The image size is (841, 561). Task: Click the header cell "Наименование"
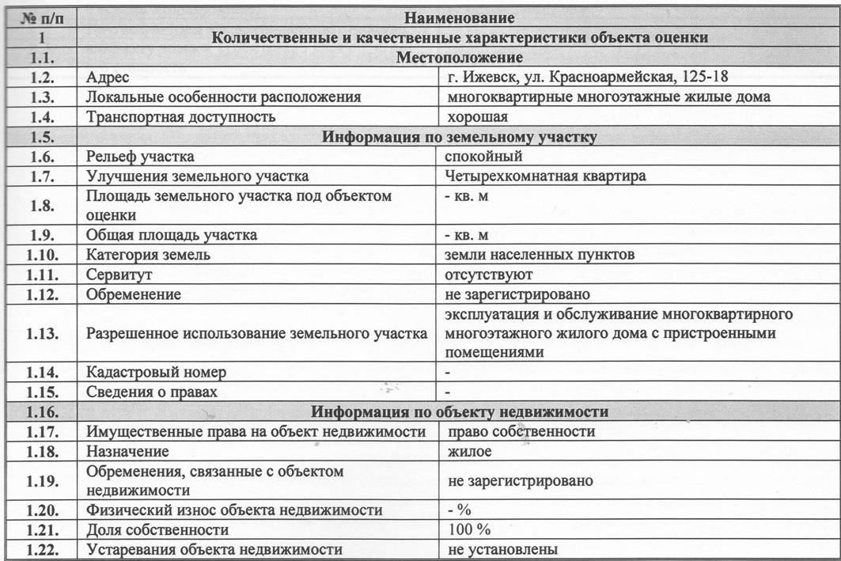[x=459, y=17]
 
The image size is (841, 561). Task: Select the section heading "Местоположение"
[x=459, y=57]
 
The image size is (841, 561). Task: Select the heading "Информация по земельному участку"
[x=459, y=137]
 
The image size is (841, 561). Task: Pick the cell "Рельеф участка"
[x=140, y=157]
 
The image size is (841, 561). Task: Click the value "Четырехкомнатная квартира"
[x=545, y=176]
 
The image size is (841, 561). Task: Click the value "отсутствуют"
[x=490, y=275]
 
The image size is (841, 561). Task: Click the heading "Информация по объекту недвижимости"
[x=459, y=411]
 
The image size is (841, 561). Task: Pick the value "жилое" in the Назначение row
[x=469, y=451]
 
